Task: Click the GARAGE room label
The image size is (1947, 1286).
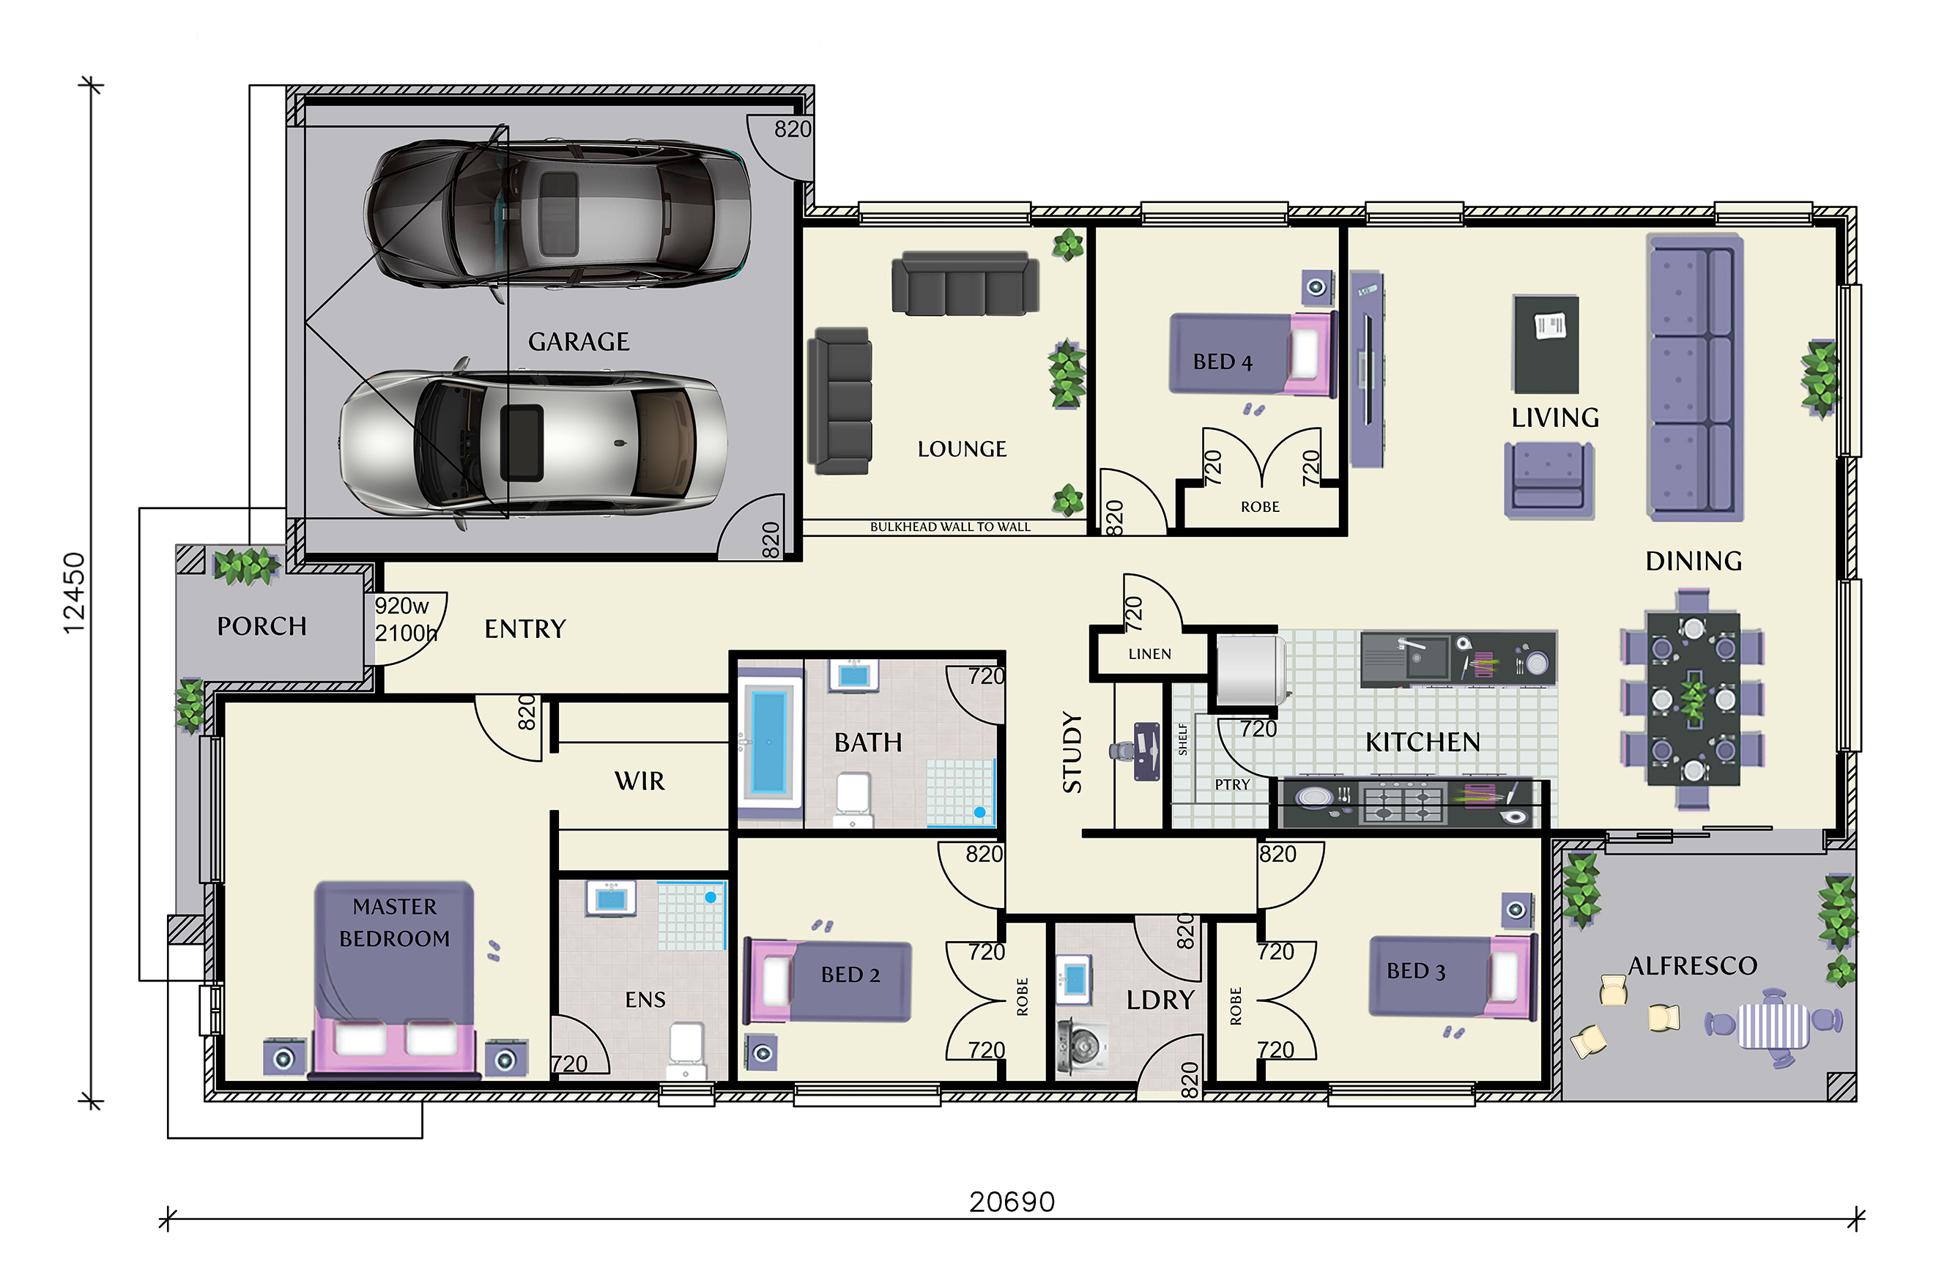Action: [x=578, y=341]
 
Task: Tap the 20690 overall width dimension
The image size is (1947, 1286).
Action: [x=1012, y=1202]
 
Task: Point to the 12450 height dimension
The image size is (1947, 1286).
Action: [x=74, y=593]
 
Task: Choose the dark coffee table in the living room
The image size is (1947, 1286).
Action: [x=1546, y=344]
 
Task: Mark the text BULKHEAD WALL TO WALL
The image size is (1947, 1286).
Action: [x=950, y=527]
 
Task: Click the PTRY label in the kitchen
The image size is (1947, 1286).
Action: [x=1232, y=785]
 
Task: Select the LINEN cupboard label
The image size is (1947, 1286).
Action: [x=1150, y=654]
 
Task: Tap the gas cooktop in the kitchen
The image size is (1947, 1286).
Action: [x=1403, y=801]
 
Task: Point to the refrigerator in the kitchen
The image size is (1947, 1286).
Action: [x=1248, y=669]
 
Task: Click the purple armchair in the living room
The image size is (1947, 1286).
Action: [x=1549, y=480]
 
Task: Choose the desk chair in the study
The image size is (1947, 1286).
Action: [x=1121, y=750]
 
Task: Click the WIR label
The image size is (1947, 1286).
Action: [x=639, y=781]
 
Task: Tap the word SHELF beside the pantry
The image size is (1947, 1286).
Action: [x=1183, y=738]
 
